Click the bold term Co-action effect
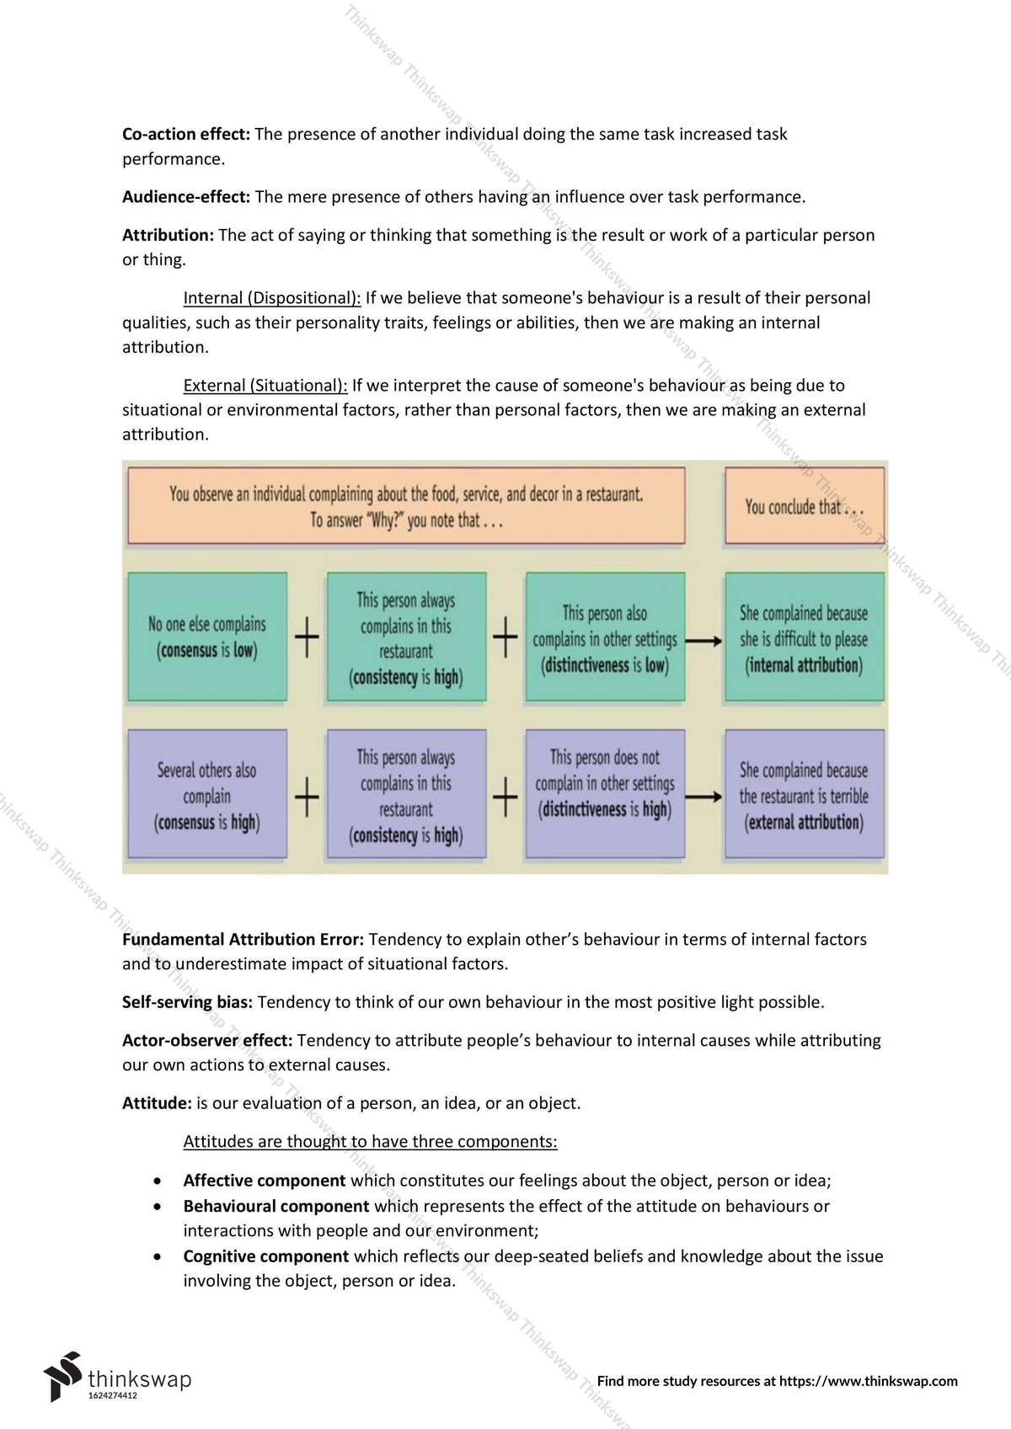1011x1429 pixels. click(x=185, y=134)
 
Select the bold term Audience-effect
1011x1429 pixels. click(x=185, y=197)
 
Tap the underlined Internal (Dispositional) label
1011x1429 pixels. click(x=271, y=298)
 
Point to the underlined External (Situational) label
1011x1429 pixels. click(x=265, y=386)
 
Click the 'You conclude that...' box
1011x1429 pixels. click(x=804, y=506)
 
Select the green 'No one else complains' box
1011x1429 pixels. click(x=207, y=637)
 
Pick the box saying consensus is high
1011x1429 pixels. click(x=207, y=795)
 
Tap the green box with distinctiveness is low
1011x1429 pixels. click(x=605, y=637)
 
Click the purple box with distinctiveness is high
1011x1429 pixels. click(x=605, y=795)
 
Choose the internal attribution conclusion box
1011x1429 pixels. click(x=804, y=637)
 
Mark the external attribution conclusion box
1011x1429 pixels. click(x=804, y=795)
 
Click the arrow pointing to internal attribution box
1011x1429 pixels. click(x=704, y=641)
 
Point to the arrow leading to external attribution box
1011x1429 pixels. click(x=704, y=797)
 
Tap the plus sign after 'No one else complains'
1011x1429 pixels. click(x=307, y=637)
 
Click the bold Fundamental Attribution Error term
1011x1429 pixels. click(x=243, y=940)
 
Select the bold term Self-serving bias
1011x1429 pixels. click(x=187, y=1002)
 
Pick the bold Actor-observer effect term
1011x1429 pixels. click(x=207, y=1041)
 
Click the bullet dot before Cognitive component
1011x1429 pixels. click(x=158, y=1257)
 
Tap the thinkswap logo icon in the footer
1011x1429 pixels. click(x=63, y=1376)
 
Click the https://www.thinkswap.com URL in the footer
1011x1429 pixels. click(x=868, y=1381)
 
